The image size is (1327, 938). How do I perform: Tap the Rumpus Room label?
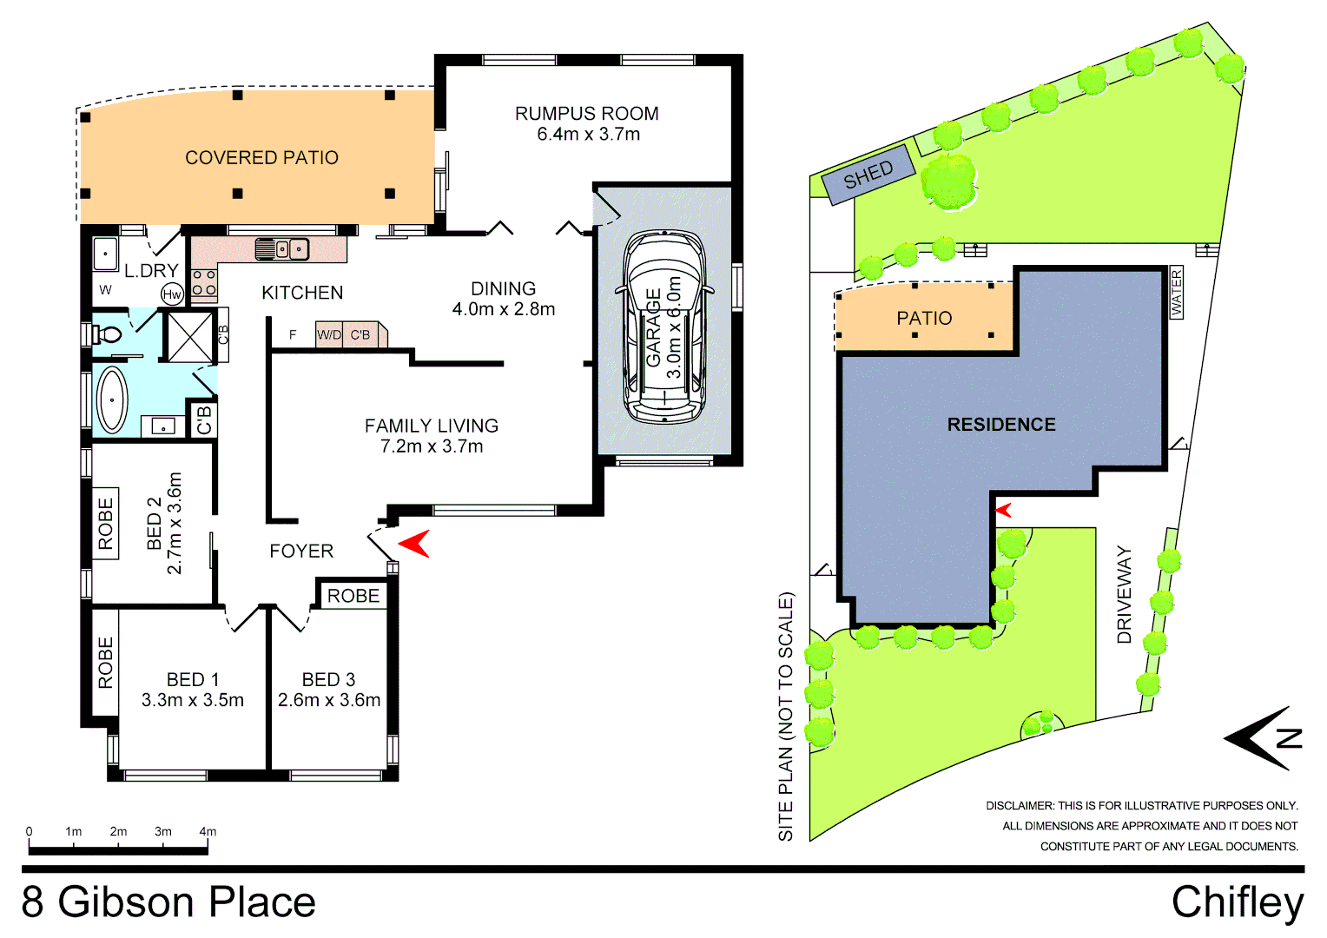pyautogui.click(x=587, y=114)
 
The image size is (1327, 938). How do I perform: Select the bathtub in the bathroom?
pyautogui.click(x=112, y=400)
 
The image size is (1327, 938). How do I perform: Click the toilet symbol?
pyautogui.click(x=108, y=334)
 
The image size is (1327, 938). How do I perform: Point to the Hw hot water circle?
pyautogui.click(x=172, y=294)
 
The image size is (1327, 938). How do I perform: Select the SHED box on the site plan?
pyautogui.click(x=869, y=174)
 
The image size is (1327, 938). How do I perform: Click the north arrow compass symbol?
pyautogui.click(x=1264, y=738)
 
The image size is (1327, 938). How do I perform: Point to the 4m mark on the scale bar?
pyautogui.click(x=208, y=832)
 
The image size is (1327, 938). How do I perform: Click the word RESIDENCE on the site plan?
pyautogui.click(x=1001, y=425)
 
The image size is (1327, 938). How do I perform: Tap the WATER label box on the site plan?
pyautogui.click(x=1177, y=293)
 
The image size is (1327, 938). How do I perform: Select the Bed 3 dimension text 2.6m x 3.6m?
pyautogui.click(x=329, y=700)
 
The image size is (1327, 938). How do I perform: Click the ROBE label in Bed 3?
pyautogui.click(x=353, y=596)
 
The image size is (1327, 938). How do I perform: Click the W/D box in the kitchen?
pyautogui.click(x=329, y=334)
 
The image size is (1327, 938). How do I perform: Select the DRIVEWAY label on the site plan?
pyautogui.click(x=1125, y=594)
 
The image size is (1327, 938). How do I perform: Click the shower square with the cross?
pyautogui.click(x=189, y=336)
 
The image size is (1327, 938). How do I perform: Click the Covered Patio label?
pyautogui.click(x=261, y=158)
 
